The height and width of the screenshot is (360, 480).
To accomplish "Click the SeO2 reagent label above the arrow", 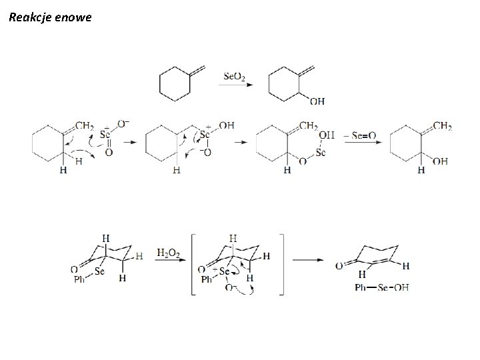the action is (233, 77).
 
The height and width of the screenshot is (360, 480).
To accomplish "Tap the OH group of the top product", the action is (317, 101).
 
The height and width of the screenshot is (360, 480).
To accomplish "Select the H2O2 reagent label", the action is (167, 253).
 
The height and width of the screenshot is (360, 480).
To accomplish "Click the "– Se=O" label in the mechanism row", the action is (359, 135).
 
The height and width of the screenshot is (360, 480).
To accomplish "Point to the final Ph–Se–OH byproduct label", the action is (382, 287).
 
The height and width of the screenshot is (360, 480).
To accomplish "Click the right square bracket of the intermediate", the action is (281, 263).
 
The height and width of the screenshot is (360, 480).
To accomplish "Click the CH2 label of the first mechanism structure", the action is (85, 125).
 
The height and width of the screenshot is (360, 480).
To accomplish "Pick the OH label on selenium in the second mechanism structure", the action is (227, 125).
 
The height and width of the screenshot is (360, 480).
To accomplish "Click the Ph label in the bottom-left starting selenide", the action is (78, 280).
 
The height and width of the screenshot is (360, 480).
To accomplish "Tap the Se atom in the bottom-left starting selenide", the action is (100, 271).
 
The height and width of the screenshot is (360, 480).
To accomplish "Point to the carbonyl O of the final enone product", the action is (340, 266).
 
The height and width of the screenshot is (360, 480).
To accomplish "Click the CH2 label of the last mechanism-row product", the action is (443, 125).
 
